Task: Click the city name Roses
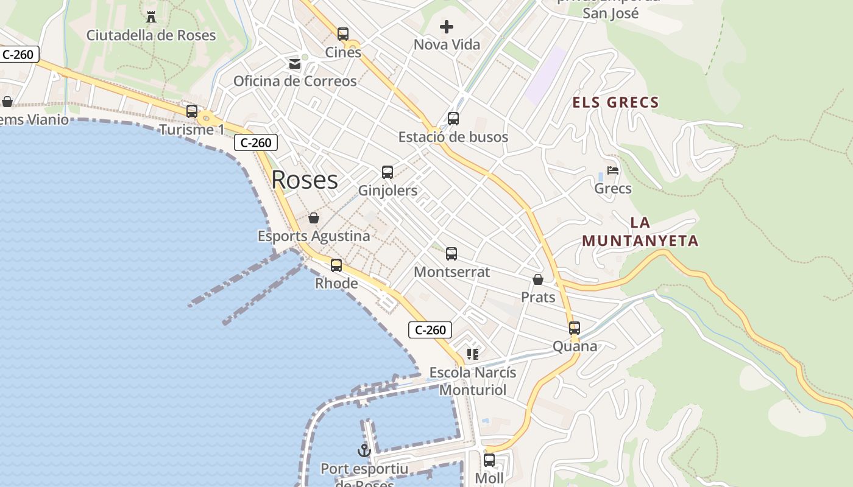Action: (304, 180)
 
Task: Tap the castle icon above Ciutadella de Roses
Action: (151, 16)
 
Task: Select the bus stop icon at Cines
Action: (343, 34)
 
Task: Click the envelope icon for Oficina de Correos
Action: (295, 63)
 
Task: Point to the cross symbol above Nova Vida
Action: (447, 27)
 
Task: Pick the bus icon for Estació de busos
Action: (453, 119)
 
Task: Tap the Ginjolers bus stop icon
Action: (388, 172)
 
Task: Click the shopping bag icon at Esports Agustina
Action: (314, 218)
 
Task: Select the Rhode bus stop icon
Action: (336, 265)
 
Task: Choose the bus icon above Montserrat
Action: (451, 254)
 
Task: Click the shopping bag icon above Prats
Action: (538, 279)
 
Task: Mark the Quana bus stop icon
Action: (574, 328)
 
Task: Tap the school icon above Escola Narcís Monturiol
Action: (472, 354)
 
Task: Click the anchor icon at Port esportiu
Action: (364, 450)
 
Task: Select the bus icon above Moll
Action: (489, 460)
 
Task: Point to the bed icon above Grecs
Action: (613, 170)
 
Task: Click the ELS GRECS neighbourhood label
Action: (615, 102)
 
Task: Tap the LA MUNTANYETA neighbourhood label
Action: (640, 232)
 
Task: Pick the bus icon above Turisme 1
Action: (192, 111)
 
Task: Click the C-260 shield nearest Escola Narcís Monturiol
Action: (430, 330)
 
